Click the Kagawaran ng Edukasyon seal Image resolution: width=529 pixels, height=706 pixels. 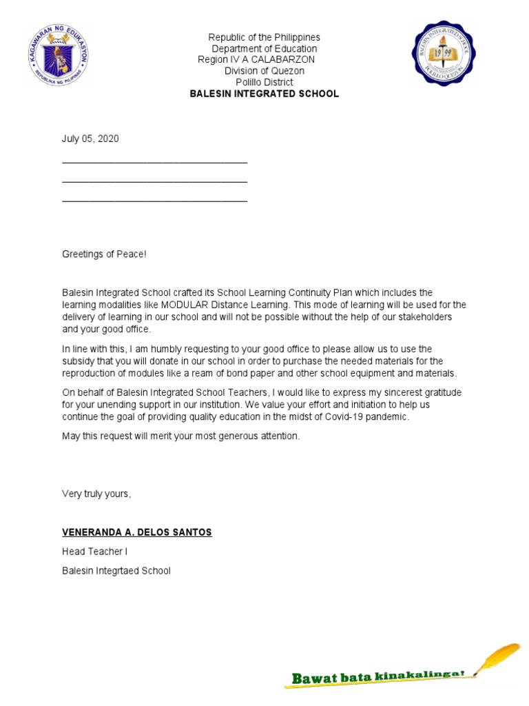[x=59, y=55]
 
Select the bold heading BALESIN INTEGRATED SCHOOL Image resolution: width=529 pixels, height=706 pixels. [x=264, y=94]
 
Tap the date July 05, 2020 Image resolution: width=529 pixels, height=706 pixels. [x=90, y=139]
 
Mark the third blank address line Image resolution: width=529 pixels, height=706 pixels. [x=154, y=201]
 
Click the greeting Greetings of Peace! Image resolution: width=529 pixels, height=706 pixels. [x=104, y=254]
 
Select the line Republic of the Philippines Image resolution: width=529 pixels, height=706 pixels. [x=264, y=37]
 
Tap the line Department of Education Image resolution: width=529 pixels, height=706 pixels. [x=264, y=49]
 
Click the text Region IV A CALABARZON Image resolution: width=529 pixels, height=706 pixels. [x=256, y=60]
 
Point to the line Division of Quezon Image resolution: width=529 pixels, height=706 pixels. [x=264, y=71]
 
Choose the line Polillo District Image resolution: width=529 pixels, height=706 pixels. [x=264, y=82]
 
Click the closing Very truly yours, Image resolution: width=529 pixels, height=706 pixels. [x=96, y=494]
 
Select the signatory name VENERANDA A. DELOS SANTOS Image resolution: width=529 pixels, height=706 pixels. [x=137, y=532]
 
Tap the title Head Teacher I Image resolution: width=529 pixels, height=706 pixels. [x=94, y=552]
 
